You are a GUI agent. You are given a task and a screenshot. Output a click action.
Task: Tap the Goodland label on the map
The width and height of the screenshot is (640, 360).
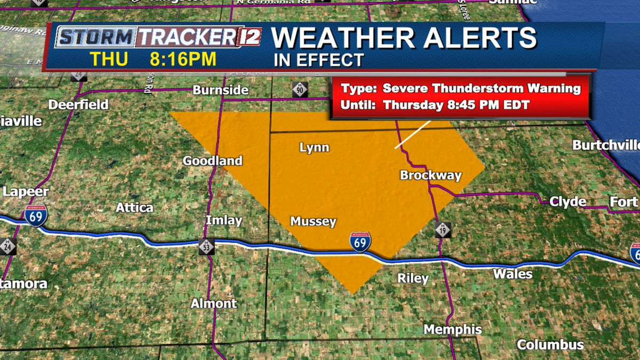[x=212, y=161]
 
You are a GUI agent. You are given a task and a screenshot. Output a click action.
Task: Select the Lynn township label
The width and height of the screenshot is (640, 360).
[x=314, y=148]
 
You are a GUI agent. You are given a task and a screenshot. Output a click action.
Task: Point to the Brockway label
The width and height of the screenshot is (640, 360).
[x=430, y=175]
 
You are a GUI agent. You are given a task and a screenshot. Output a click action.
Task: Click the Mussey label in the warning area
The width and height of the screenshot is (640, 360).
[x=313, y=221]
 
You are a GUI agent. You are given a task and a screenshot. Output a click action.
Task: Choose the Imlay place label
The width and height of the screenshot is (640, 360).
[x=224, y=220]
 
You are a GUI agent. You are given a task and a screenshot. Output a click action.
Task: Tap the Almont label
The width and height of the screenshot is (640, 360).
[x=214, y=303]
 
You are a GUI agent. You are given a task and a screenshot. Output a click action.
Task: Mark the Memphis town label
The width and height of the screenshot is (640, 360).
[x=453, y=329]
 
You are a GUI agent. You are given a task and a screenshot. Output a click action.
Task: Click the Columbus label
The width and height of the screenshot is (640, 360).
[x=550, y=345]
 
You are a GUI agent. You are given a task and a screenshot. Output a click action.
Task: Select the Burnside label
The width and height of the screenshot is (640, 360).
[x=221, y=90]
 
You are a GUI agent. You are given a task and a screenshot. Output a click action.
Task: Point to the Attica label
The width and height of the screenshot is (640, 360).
[x=134, y=207]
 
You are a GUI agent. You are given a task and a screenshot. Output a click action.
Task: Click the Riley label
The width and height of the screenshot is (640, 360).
[x=413, y=278]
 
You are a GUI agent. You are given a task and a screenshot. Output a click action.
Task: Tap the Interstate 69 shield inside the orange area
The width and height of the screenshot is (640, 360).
[x=361, y=242]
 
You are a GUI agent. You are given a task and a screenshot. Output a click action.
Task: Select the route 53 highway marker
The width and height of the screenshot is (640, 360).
[x=207, y=246]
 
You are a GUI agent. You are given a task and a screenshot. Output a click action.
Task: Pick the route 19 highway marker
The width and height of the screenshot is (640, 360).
[x=442, y=230]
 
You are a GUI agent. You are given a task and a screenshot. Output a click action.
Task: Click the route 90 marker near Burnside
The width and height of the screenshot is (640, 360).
[x=300, y=90]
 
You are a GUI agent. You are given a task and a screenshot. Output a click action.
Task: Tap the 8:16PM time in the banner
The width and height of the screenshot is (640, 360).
[x=183, y=59]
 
